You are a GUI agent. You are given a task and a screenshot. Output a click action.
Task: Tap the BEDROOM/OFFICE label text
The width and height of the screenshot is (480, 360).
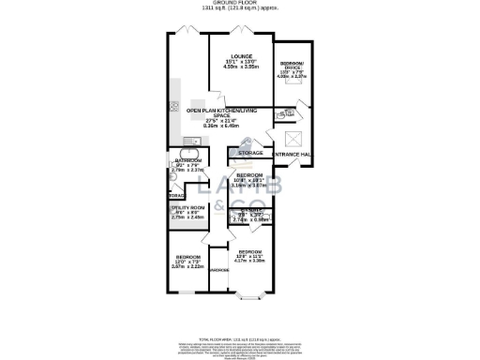292,65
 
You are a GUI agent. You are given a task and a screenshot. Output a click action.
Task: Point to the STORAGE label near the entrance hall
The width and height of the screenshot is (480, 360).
250,152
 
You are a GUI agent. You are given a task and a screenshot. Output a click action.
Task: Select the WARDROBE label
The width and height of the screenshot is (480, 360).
219,271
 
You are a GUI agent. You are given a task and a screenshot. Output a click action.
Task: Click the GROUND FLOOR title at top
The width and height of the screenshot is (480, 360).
239,4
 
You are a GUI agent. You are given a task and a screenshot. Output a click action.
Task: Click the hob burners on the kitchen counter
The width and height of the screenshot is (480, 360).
174,105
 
